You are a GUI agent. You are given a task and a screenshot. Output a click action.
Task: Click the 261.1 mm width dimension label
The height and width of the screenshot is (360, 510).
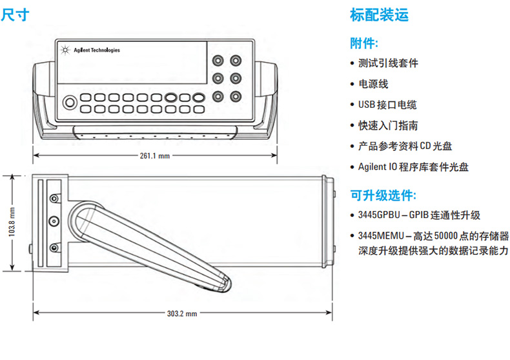coord(155,155)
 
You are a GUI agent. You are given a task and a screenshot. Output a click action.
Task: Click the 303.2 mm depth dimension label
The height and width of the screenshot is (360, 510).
coord(182,314)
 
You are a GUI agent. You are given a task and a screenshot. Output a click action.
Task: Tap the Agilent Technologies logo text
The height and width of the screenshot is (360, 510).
coord(96,50)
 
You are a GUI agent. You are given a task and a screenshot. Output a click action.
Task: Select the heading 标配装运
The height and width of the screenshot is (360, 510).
coord(379,14)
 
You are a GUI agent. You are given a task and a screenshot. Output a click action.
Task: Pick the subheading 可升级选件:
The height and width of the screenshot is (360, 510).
coord(383,195)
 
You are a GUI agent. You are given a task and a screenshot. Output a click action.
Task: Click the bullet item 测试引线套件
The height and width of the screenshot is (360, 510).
coord(388,63)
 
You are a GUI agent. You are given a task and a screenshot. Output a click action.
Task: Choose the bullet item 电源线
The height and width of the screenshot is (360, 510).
coord(373,84)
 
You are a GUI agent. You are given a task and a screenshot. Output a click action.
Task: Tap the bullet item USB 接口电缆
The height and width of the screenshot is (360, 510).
coord(387,105)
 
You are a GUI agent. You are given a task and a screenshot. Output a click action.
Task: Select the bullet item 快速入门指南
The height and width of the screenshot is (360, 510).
coord(388,125)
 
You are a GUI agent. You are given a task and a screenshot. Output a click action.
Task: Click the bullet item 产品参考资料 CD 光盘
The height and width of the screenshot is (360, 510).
coord(405,146)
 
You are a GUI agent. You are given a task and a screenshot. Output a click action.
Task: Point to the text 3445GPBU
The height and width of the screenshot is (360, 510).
coord(378,215)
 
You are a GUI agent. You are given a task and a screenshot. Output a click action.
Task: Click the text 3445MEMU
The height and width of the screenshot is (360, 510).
coord(379,236)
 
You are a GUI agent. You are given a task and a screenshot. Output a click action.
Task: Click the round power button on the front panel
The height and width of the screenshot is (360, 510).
coord(69,101)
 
